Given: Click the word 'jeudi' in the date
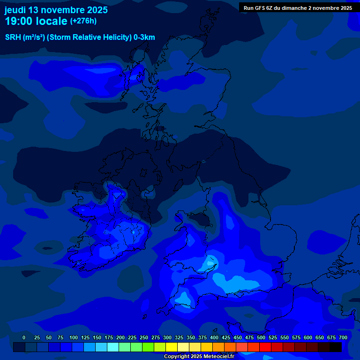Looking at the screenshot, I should (15, 10).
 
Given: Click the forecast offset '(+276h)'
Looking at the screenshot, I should (83, 21).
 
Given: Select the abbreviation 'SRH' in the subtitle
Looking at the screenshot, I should (13, 37).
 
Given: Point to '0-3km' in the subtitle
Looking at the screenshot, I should (144, 37).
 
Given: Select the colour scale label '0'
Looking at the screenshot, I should (24, 338).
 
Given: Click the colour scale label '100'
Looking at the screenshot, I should (74, 338).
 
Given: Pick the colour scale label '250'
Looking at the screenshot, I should (144, 338).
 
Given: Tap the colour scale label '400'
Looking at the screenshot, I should (214, 338).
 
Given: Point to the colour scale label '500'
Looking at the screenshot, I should (261, 338).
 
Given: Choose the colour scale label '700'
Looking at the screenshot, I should (343, 338).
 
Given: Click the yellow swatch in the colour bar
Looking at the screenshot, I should (172, 347).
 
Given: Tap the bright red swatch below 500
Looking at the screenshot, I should (265, 347).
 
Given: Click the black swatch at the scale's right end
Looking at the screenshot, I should (336, 347).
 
